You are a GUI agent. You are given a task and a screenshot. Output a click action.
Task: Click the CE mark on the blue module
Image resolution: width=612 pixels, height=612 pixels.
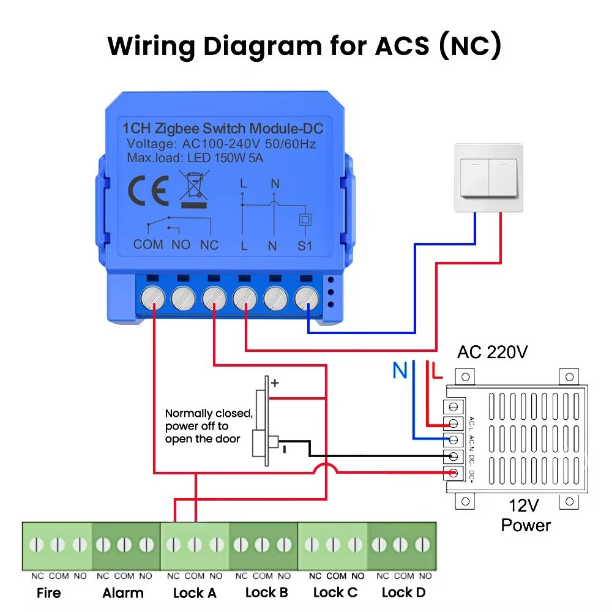pyautogui.click(x=148, y=192)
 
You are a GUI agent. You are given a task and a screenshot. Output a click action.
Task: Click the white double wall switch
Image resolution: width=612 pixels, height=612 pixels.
pyautogui.click(x=488, y=178)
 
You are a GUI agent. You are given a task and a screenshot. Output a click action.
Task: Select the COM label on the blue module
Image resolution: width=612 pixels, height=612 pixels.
pyautogui.click(x=148, y=245)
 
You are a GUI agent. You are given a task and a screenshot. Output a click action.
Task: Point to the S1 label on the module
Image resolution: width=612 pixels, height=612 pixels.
pyautogui.click(x=304, y=246)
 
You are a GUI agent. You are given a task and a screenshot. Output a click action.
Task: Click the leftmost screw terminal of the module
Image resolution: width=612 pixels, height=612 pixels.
pyautogui.click(x=152, y=298)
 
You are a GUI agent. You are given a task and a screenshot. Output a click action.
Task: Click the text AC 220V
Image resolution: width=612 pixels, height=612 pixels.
pyautogui.click(x=492, y=352)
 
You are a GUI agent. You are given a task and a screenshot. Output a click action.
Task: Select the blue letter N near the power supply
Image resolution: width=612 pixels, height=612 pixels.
pyautogui.click(x=400, y=370)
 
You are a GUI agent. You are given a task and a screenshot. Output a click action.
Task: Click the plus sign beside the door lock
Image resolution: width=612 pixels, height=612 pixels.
pyautogui.click(x=275, y=383)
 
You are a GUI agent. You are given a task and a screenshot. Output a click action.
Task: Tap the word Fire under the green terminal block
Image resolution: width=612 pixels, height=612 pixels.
pyautogui.click(x=48, y=593)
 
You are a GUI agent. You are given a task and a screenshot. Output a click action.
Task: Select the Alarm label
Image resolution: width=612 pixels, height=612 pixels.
pyautogui.click(x=123, y=593)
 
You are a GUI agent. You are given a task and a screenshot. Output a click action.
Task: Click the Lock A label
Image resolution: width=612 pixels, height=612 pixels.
pyautogui.click(x=194, y=592)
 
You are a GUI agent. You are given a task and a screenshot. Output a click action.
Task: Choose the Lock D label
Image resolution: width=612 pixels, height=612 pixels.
pyautogui.click(x=403, y=592)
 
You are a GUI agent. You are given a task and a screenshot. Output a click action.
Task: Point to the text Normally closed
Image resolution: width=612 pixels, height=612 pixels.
pyautogui.click(x=208, y=414)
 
